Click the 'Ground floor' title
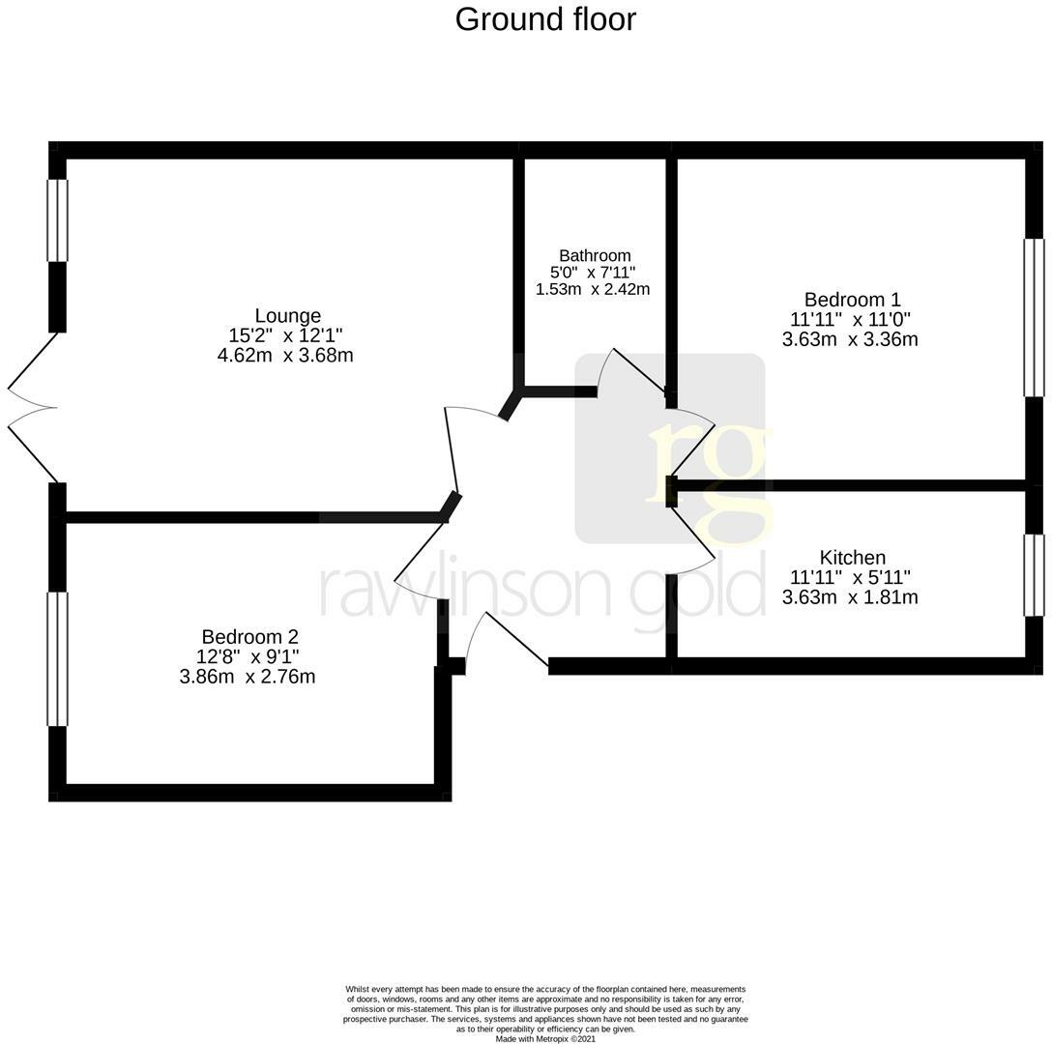(545, 19)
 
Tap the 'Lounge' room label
(287, 316)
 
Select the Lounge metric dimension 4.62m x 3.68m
(285, 356)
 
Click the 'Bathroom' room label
(594, 256)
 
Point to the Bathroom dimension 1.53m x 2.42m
(592, 289)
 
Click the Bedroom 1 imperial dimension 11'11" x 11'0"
(850, 319)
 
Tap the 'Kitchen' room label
(852, 558)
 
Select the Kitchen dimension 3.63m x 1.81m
(850, 597)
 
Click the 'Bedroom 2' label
(249, 637)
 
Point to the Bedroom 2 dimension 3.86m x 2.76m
(248, 677)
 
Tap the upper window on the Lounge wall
(58, 220)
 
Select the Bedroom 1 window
(1034, 317)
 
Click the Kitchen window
(1034, 575)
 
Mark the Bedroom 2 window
(58, 658)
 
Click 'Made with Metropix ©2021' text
(545, 1039)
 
